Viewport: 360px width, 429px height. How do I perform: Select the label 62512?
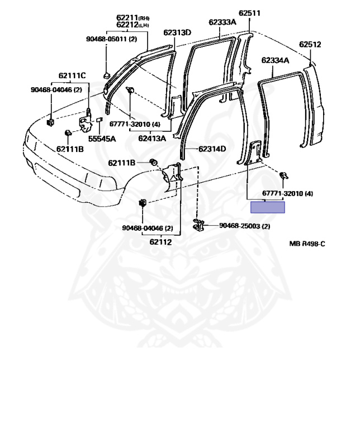pos(310,44)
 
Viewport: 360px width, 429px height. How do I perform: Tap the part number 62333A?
pos(222,22)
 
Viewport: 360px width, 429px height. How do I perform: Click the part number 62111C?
pos(73,75)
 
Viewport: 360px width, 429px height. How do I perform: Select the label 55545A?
pos(105,139)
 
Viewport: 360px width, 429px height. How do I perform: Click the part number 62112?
pos(160,242)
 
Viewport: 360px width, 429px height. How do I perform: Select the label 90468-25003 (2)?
pos(244,226)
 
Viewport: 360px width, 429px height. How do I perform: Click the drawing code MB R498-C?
pos(307,244)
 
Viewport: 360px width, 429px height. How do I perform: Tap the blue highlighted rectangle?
pos(268,208)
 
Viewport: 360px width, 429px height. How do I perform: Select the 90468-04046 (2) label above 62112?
pos(148,228)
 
